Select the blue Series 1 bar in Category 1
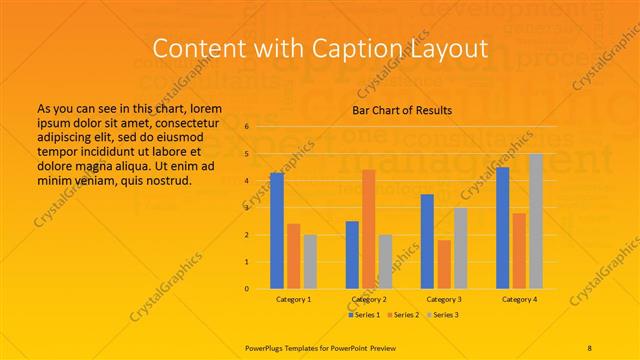pos(277,231)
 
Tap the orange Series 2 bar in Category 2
pos(368,229)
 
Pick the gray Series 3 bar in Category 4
pos(536,221)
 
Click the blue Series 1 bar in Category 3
pos(427,241)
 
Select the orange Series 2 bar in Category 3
pos(444,264)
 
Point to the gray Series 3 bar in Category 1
pos(310,261)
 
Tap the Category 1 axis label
pos(293,299)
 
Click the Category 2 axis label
pos(368,299)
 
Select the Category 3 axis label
pos(444,299)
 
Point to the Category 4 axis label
pos(519,299)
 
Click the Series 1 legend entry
pos(364,315)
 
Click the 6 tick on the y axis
pos(246,127)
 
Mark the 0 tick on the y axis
pos(246,289)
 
